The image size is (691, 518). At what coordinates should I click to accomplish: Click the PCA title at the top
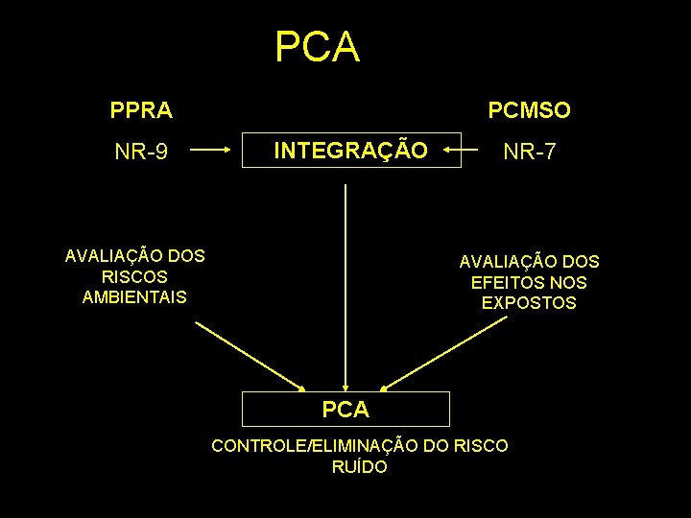coord(317,47)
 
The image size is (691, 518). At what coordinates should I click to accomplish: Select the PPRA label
coord(141,110)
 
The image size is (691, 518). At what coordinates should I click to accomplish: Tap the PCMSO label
coord(529,110)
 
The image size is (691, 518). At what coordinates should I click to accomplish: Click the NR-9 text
coord(142,151)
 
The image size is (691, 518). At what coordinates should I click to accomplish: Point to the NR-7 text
coord(530,151)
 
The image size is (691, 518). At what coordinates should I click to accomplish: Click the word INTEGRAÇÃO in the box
coord(350,150)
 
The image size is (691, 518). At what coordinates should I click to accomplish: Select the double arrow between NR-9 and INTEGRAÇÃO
coord(210,150)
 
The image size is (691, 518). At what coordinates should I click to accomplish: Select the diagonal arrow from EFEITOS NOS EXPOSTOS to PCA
coord(443,353)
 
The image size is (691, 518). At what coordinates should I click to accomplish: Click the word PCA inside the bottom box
coord(345,410)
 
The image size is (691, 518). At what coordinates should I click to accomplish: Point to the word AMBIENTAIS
coord(134,296)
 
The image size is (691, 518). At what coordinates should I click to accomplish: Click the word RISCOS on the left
coord(134,276)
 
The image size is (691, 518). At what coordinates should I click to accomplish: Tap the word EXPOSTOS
coord(529,302)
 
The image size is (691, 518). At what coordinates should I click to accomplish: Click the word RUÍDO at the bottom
coord(359,467)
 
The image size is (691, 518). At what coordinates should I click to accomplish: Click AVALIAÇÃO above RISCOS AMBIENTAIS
coord(102,256)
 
